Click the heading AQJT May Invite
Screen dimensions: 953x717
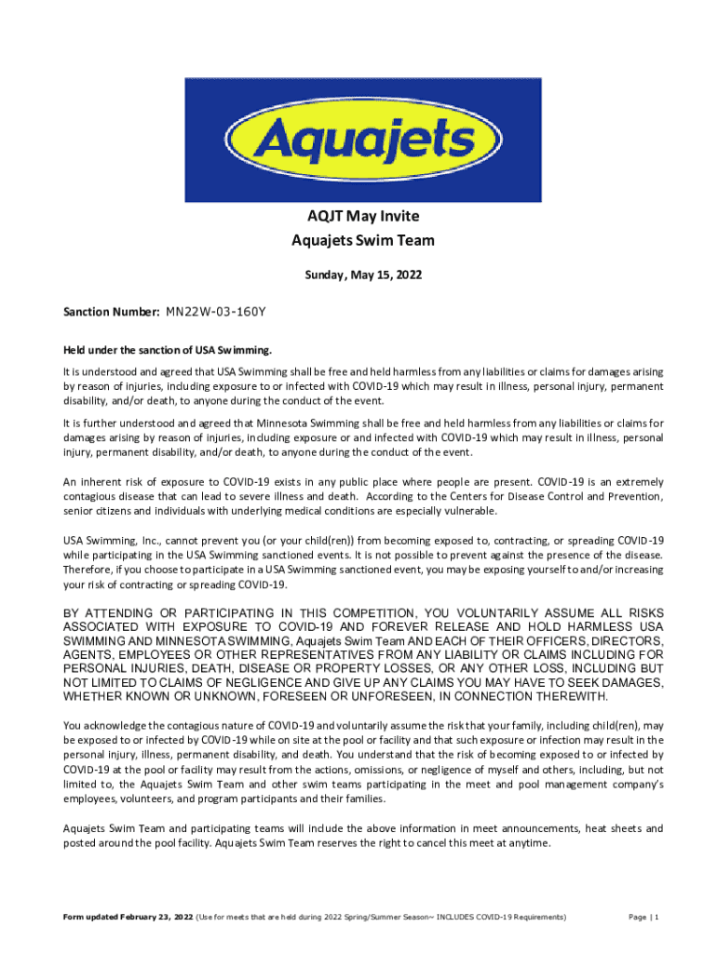coord(363,217)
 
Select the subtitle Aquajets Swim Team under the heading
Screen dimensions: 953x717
coord(363,241)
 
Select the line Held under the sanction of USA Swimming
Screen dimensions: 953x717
coord(168,350)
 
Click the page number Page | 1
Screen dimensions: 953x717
coord(643,918)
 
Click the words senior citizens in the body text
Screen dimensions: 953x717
coord(99,511)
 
